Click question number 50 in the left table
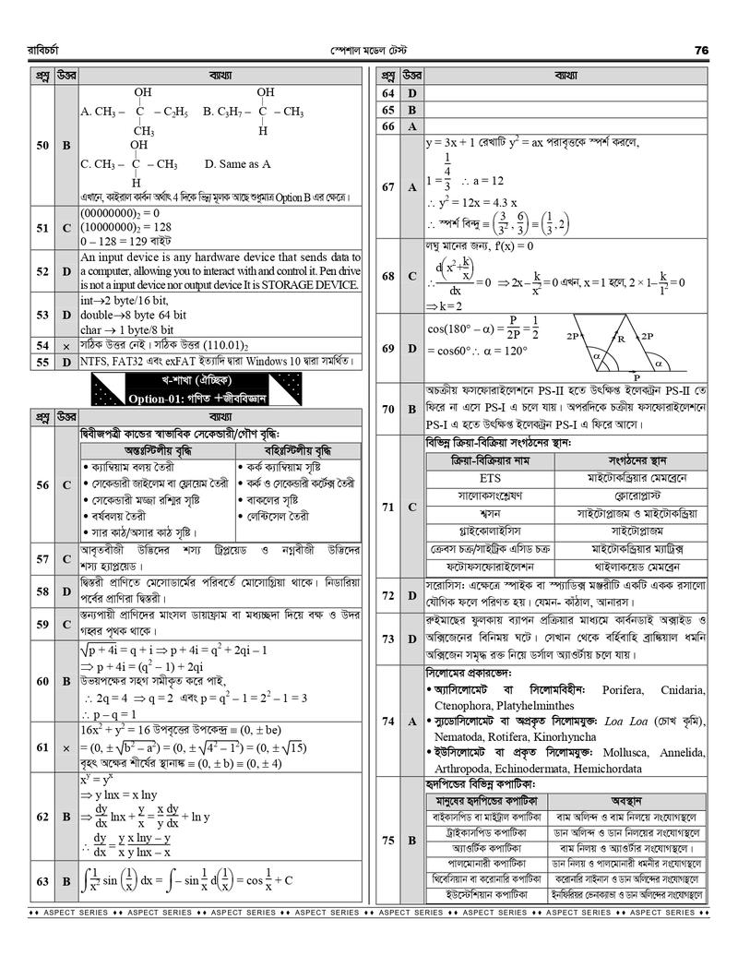(x=42, y=146)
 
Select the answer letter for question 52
(x=66, y=271)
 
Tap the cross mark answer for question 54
(x=66, y=345)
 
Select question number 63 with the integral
(x=42, y=881)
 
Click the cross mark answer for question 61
(x=66, y=746)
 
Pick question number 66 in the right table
(x=387, y=126)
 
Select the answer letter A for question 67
(x=412, y=187)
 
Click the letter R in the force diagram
(x=623, y=339)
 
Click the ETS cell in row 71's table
(x=490, y=479)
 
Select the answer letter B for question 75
(x=412, y=840)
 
